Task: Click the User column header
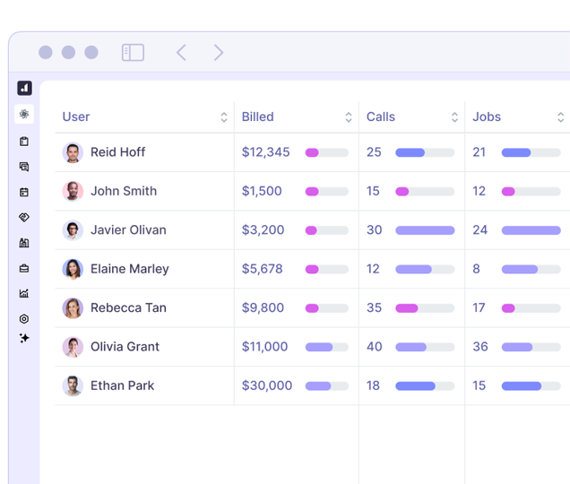pos(76,117)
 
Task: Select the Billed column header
pos(258,117)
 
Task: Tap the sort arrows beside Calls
pos(454,117)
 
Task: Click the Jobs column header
pos(487,117)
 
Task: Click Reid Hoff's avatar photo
pos(73,152)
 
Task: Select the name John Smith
pos(124,191)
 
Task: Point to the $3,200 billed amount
pos(263,229)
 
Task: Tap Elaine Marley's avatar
pos(73,269)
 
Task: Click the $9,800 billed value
pos(263,307)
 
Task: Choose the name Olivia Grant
pos(125,347)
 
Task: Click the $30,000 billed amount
pos(267,385)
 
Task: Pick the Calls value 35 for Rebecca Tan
pos(375,307)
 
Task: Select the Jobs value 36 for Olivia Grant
pos(480,347)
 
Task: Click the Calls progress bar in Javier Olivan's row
pos(425,230)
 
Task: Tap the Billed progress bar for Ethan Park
pos(326,386)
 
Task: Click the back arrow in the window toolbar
pos(181,53)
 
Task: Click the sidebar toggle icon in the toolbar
pos(133,53)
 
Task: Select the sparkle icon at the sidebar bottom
pos(24,338)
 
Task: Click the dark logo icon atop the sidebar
pos(24,88)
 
